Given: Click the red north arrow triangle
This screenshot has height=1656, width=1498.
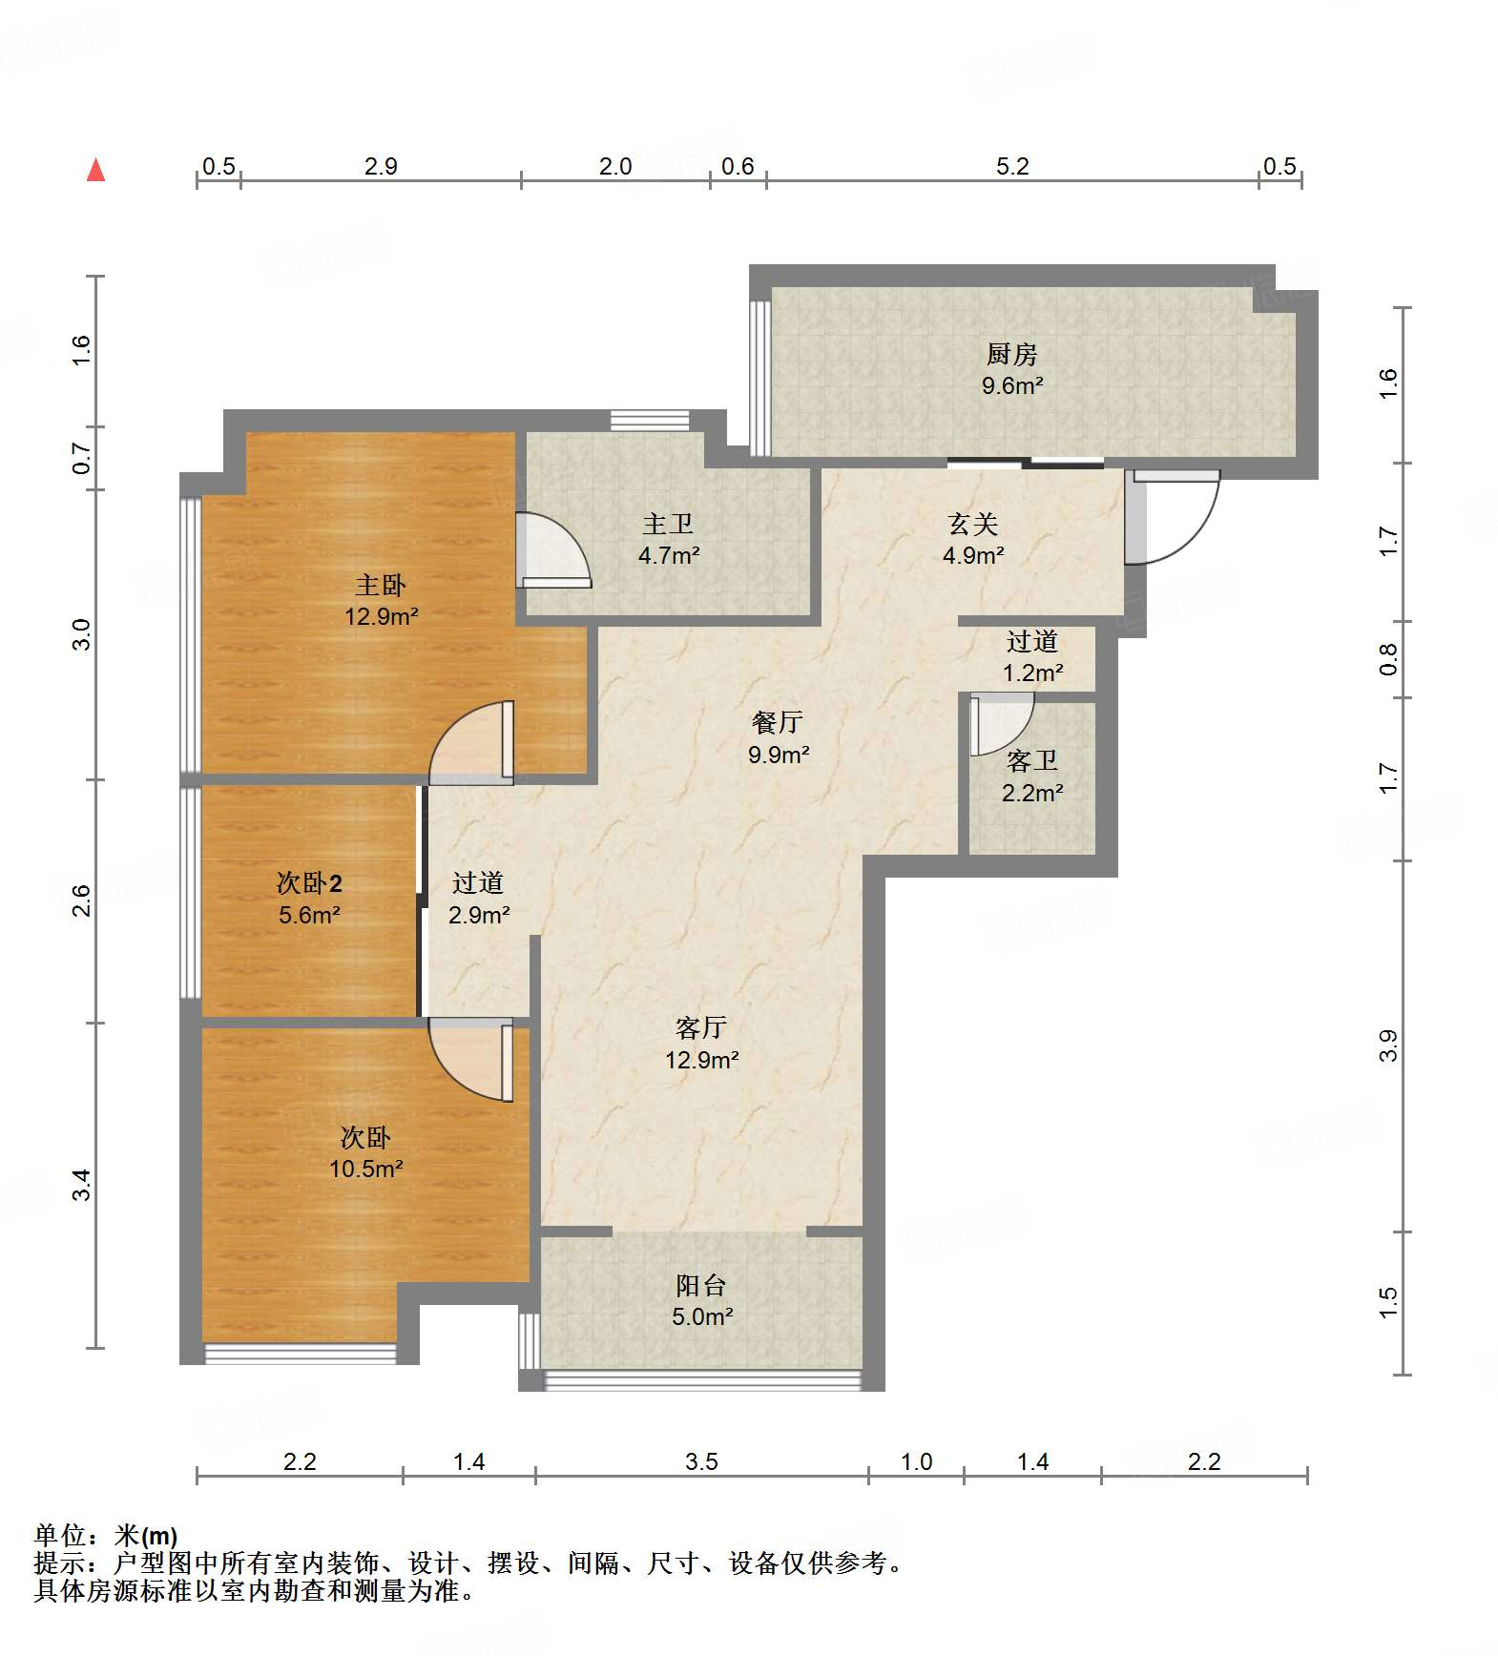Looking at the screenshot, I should point(95,171).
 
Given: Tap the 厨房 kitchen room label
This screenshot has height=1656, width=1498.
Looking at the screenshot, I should point(1011,355).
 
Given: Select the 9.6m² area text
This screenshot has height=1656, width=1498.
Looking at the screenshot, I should point(1011,386).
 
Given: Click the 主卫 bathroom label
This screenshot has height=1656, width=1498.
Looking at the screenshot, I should point(668,524).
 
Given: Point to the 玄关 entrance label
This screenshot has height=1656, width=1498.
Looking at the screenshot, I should point(972,524).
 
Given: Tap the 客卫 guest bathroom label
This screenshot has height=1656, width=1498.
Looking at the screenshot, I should point(1031,761).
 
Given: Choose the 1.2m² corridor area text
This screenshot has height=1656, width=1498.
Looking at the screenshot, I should point(1032,673).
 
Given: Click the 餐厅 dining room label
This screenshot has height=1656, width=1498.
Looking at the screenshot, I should point(778,723).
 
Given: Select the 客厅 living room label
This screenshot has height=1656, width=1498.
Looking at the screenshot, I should point(701,1028).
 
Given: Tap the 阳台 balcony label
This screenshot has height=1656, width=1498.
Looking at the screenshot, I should point(701,1286).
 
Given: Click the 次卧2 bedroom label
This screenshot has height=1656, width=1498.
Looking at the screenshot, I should point(309,883).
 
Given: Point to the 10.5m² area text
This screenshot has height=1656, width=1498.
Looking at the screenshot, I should point(365,1170).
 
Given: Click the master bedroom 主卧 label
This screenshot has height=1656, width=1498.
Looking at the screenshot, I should point(381,585).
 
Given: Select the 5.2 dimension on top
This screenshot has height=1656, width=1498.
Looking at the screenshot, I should point(1012,167).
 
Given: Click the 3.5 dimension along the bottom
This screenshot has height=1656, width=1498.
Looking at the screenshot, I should point(701,1461).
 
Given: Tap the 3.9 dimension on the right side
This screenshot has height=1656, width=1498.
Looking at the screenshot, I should point(1388,1045).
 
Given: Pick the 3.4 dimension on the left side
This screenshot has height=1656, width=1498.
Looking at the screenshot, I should point(82,1185).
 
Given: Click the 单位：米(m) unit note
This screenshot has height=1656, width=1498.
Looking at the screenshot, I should point(106,1535).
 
